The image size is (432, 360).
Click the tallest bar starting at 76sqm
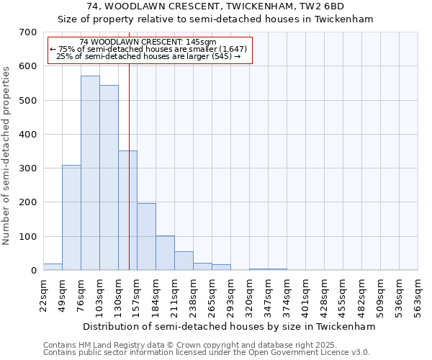tap(90, 173)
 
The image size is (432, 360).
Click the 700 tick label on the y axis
tap(28, 32)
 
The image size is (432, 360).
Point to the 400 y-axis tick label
tap(28, 135)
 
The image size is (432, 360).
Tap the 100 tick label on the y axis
tap(28, 237)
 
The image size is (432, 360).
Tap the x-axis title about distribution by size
tap(230, 326)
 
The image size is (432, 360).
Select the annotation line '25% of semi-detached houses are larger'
tap(148, 55)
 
